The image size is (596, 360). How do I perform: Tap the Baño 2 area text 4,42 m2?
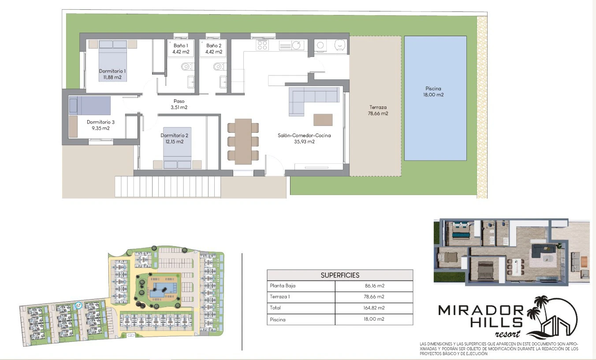click(x=214, y=52)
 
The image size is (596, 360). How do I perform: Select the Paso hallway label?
click(x=179, y=101)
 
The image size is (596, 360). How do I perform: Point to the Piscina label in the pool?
click(x=433, y=88)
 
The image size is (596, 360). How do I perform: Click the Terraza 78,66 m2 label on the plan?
click(x=378, y=110)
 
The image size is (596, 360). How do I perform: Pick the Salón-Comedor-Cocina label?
click(x=304, y=135)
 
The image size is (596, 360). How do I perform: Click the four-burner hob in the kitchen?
click(x=262, y=45)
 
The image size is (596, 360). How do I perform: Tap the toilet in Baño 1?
click(x=187, y=66)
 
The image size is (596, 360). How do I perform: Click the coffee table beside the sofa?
click(x=323, y=120)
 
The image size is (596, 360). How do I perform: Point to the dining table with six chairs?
click(x=243, y=141)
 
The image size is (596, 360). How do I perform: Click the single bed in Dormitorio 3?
click(x=89, y=105)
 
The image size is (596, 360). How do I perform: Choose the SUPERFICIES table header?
click(x=340, y=275)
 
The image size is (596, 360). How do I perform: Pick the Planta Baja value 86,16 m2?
click(x=375, y=286)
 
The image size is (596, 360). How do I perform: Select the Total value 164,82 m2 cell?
click(x=374, y=308)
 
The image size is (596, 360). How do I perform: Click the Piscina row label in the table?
click(x=278, y=319)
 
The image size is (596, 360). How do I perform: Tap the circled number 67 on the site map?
click(x=78, y=305)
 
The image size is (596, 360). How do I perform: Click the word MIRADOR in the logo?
click(x=481, y=311)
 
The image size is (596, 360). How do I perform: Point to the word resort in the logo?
click(x=507, y=334)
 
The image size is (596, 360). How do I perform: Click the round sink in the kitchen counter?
click(x=297, y=45)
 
